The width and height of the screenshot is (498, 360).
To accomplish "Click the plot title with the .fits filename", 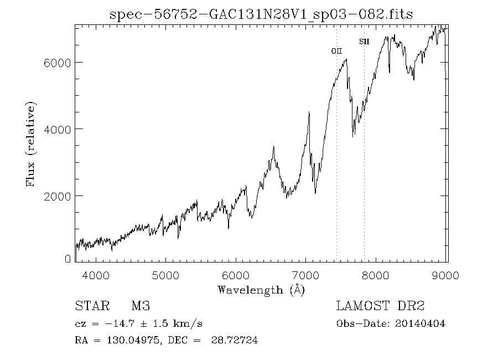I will click(261, 14).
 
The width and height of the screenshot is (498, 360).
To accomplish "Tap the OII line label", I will click(336, 51).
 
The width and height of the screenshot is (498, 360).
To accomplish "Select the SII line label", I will click(364, 41).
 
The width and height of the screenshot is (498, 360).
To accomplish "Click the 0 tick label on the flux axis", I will click(68, 258).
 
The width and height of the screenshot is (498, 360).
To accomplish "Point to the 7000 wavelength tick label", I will click(307, 275).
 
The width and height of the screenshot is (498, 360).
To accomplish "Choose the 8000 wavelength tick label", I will click(377, 275).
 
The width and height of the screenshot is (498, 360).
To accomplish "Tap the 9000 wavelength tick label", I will click(447, 275).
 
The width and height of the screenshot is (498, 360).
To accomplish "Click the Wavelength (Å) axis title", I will click(261, 290).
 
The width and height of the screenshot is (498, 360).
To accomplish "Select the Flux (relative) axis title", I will click(31, 144).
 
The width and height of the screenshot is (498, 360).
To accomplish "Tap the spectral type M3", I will click(140, 306).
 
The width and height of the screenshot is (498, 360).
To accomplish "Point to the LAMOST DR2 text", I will click(380, 306).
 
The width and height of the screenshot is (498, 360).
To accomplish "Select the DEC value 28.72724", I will click(234, 341).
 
